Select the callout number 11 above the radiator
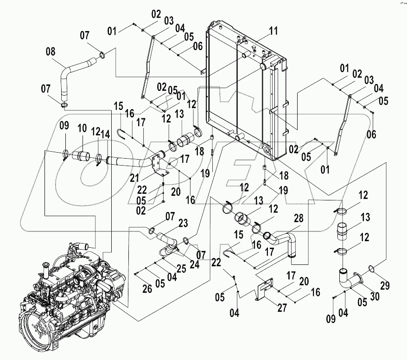click(273, 32)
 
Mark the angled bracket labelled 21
click(159, 167)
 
